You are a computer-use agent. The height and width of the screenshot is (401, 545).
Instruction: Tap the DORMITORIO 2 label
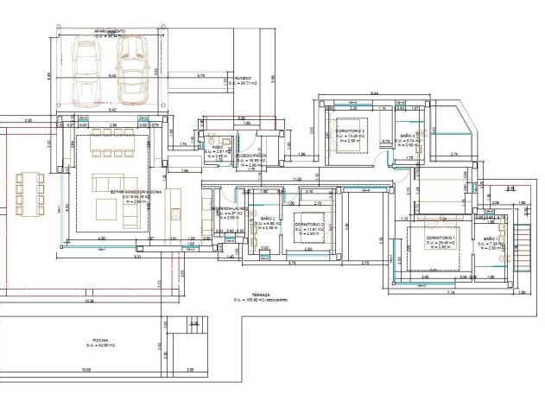tap(309, 223)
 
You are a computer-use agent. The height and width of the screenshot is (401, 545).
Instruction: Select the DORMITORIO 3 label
tap(350, 130)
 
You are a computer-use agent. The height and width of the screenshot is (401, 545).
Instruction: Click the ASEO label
tap(219, 148)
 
